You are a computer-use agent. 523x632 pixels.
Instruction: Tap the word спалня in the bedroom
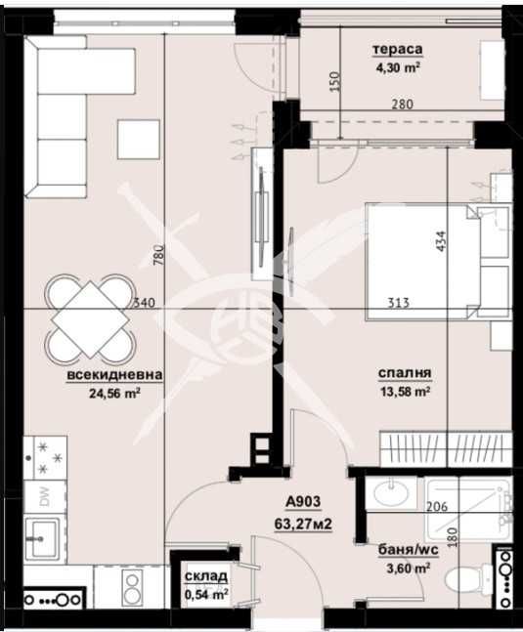(405, 373)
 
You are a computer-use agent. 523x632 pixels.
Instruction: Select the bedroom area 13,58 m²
(406, 392)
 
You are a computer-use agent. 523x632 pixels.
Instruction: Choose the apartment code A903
(304, 505)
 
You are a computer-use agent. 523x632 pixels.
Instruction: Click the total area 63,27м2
(304, 524)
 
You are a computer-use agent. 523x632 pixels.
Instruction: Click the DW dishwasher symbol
(43, 496)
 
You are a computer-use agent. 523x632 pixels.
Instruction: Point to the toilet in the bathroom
(458, 580)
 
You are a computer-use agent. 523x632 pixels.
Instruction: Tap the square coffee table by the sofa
(139, 138)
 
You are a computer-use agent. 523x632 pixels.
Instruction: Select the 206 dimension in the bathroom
(437, 506)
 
